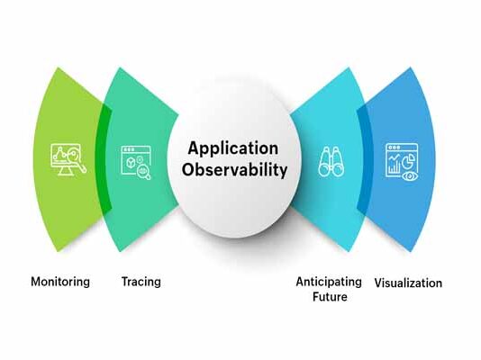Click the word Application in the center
[x=233, y=149]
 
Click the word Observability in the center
[x=235, y=169]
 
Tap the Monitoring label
[x=60, y=282]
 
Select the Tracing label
[x=141, y=282]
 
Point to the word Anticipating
[x=329, y=282]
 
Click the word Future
[x=330, y=297]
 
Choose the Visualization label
[x=408, y=283]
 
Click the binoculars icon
[x=331, y=162]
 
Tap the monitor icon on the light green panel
[x=68, y=159]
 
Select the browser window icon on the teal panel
[x=136, y=162]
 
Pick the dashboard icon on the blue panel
[x=402, y=162]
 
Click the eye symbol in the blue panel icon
[x=410, y=176]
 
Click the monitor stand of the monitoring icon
[x=67, y=172]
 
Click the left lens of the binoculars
[x=324, y=169]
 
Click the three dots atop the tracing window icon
[x=128, y=149]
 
